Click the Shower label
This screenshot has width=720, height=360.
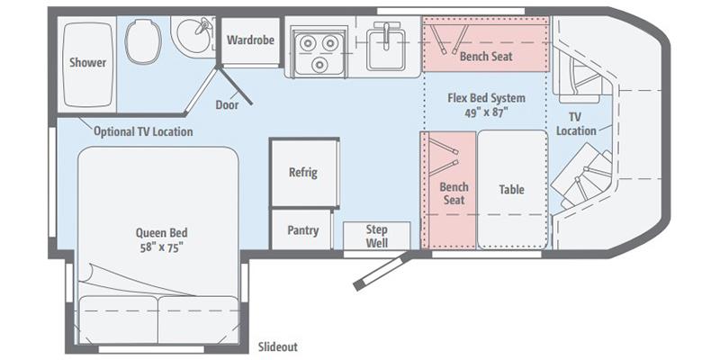coord(88,63)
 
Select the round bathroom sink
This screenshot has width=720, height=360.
coord(191,38)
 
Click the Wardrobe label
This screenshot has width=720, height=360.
coord(249,40)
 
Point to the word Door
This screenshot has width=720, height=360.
coord(228,103)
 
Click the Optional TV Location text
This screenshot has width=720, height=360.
coord(144,131)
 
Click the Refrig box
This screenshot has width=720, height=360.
coord(303,173)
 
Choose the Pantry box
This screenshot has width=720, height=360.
coord(303,230)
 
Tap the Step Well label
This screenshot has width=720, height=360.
coord(376,235)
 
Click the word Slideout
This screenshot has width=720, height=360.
coord(277,346)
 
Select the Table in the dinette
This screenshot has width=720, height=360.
coord(511,190)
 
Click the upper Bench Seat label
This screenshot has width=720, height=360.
coord(486,56)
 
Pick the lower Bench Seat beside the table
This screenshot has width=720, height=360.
coord(453,193)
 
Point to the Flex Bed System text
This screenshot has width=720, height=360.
coord(486,97)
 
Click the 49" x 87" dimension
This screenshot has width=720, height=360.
coord(486,112)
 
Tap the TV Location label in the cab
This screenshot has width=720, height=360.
coord(576,124)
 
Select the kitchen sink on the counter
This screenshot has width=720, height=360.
coord(388,45)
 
